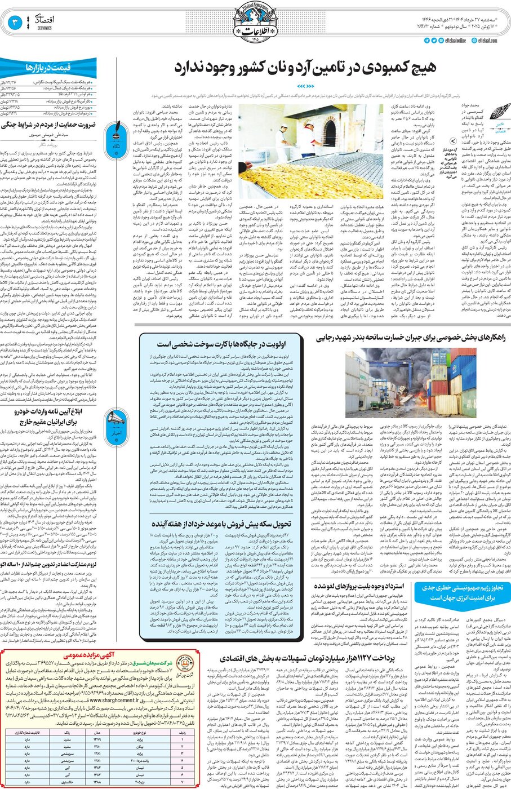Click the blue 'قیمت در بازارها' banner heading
(x=48, y=67)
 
